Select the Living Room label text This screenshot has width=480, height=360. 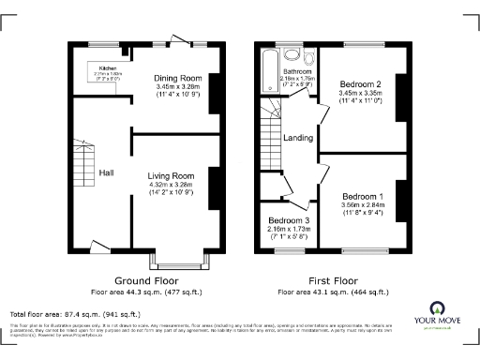point(171,175)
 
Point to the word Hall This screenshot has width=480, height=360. point(108,172)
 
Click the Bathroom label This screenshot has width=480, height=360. point(298,72)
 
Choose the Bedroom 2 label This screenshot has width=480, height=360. point(362,84)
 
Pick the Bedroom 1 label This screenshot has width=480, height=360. point(362,196)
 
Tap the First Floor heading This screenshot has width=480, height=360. point(333,279)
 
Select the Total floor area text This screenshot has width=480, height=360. point(75,313)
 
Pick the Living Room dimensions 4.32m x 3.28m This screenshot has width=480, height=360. point(171,185)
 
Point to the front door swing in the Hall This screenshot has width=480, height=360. point(97,247)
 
